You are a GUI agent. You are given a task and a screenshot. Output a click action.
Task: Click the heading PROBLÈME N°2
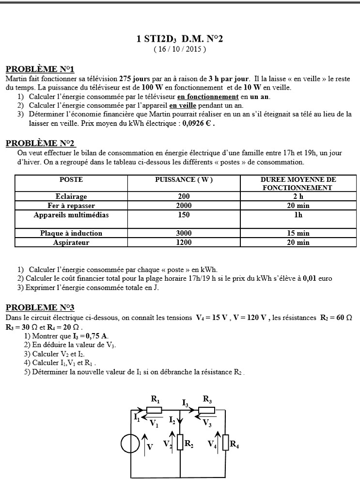40,143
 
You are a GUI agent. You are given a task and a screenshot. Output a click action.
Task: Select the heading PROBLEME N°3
40,307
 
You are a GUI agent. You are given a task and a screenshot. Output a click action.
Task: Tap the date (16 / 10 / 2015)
180,49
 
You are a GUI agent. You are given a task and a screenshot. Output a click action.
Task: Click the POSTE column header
71,179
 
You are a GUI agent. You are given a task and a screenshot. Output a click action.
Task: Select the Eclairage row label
71,196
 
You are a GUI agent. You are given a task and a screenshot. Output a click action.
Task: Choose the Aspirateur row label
71,242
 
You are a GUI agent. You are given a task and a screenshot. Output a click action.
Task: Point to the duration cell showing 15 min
298,233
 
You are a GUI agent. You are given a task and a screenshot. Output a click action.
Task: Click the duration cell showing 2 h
298,196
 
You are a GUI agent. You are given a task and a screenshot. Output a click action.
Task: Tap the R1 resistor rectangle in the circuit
154,410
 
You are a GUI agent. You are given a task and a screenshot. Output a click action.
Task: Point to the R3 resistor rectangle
206,410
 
